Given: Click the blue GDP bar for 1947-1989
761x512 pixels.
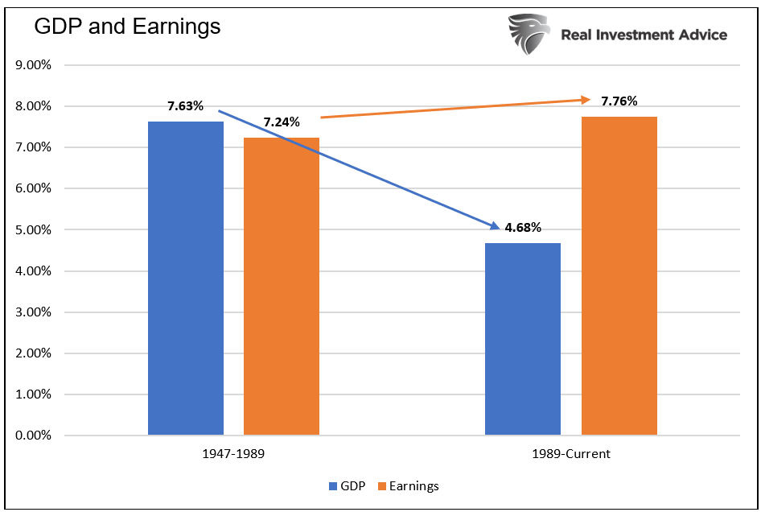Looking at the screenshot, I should pos(186,278).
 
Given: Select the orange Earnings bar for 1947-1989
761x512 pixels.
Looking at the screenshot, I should pos(282,286).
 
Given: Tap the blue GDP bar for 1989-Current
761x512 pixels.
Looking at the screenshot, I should pos(523,338).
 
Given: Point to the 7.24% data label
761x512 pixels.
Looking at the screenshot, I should pos(282,122).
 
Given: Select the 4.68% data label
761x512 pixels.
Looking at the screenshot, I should pos(524,229).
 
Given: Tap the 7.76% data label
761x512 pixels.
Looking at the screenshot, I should pos(619,101).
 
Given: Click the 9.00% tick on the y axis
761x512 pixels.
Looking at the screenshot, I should pos(34,65).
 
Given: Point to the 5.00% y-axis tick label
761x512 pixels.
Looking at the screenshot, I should pos(34,230).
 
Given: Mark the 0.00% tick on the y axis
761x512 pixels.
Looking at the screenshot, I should pos(34,436).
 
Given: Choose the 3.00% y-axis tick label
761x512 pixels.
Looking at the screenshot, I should pos(34,312).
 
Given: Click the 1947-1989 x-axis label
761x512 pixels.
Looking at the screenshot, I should pos(233,454).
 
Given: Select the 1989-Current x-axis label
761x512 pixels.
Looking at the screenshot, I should pos(570,454).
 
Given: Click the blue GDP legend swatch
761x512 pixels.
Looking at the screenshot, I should pos(333,486).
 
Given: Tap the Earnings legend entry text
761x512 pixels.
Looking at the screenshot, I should pos(414,486).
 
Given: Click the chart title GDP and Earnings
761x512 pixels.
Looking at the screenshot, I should pos(126,27).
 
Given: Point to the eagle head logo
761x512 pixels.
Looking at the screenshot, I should pos(528,33).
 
